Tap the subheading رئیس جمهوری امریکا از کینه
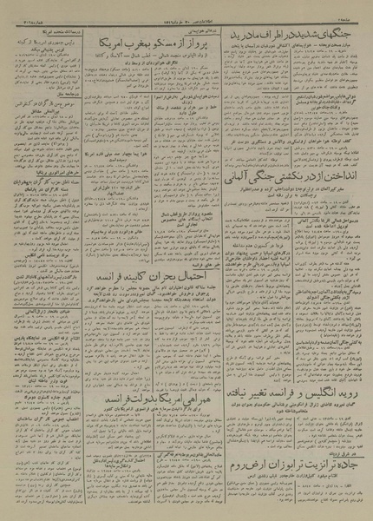coord(51,41)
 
